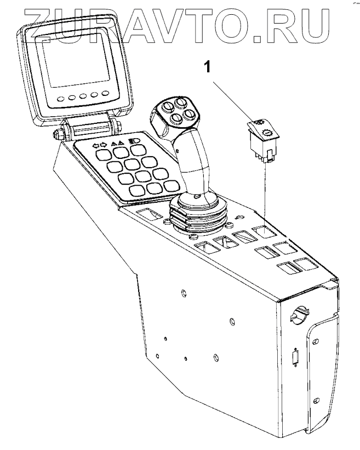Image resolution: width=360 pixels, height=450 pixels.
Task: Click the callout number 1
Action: pos(207,67)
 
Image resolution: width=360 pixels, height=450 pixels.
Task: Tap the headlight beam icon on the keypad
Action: pos(133,141)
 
